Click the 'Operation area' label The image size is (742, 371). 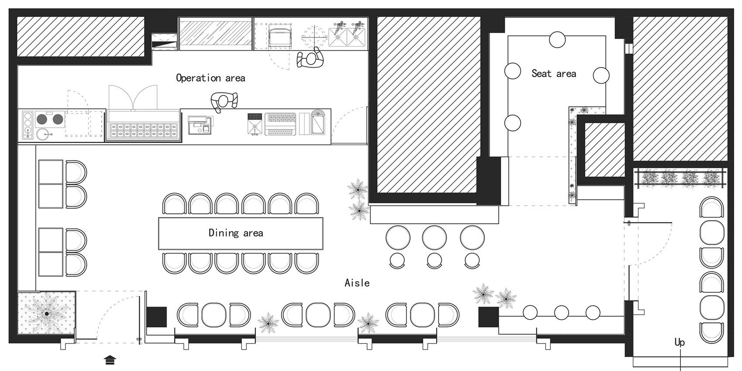click(210, 78)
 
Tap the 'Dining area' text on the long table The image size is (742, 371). click(236, 233)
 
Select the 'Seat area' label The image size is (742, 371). click(554, 74)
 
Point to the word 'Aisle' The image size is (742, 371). click(357, 283)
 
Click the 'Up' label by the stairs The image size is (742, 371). click(680, 342)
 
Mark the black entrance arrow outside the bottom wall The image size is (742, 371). click(110, 360)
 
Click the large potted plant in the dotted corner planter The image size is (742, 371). click(46, 313)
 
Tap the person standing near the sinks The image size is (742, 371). click(310, 58)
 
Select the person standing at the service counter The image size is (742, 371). click(224, 101)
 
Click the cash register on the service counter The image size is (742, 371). click(200, 125)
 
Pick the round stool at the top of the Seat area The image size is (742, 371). click(557, 40)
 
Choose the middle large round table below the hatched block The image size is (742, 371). click(434, 238)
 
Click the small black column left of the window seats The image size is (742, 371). click(156, 317)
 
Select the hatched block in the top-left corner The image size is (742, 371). click(80, 37)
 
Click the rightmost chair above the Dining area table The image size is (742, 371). click(307, 204)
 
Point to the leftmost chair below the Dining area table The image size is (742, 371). click(174, 263)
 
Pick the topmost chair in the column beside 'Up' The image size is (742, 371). click(711, 208)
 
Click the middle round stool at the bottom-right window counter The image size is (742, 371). click(561, 313)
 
